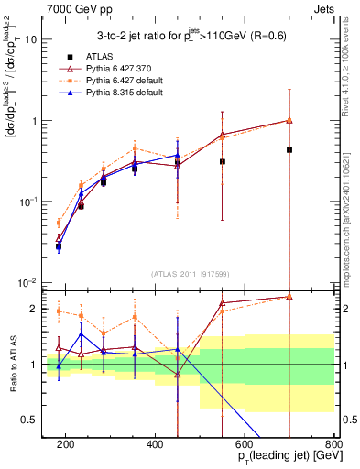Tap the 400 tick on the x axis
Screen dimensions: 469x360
pyautogui.click(x=155, y=444)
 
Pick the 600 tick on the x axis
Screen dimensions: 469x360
pyautogui.click(x=245, y=444)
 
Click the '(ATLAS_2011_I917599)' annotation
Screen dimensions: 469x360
pyautogui.click(x=191, y=274)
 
